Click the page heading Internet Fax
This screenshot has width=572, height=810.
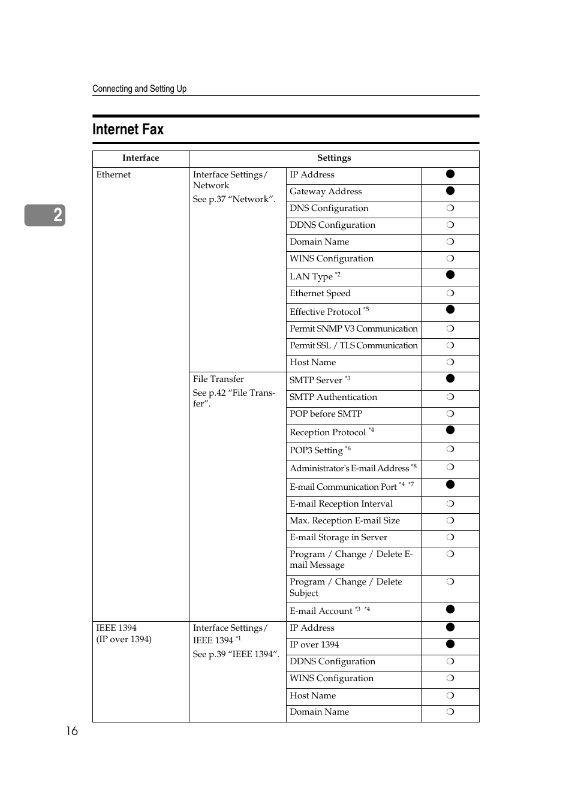128,130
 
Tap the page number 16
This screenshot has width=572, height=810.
72,731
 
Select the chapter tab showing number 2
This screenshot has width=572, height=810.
46,215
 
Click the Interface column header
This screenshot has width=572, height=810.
141,158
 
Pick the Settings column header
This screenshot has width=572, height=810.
334,158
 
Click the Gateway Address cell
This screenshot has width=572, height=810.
326,192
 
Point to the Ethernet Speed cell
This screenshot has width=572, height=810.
320,294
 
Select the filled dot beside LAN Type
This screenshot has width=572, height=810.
450,275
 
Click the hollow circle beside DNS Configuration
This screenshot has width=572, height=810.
450,208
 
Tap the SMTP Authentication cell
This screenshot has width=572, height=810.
333,398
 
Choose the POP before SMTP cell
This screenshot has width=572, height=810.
326,414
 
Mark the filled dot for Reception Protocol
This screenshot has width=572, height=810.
450,430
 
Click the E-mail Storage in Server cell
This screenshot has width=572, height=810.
338,538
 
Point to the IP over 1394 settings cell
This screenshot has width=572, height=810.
314,645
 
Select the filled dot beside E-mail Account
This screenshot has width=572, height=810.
450,610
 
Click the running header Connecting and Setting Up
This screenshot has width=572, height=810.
140,89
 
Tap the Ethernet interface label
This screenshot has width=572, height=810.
113,175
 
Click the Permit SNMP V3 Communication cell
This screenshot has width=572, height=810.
354,329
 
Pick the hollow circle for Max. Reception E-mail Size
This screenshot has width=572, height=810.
450,521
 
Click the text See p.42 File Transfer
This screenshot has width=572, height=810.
234,398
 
